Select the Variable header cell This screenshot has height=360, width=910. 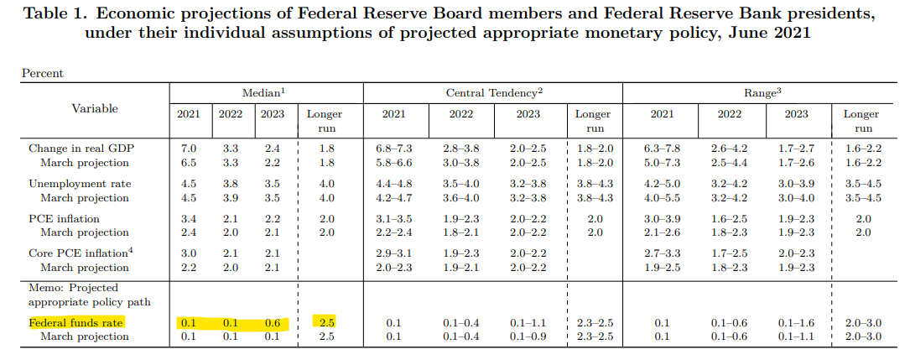(95, 108)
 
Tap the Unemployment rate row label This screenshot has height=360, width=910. (80, 184)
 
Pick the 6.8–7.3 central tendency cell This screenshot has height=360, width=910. (395, 149)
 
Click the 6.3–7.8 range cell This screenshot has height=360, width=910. (662, 149)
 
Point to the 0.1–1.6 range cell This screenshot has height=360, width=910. (796, 323)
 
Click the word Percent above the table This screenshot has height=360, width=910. (43, 74)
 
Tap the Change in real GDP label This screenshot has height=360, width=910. (77, 149)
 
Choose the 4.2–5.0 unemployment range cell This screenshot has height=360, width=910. (662, 184)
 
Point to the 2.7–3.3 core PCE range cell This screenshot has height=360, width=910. (662, 253)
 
